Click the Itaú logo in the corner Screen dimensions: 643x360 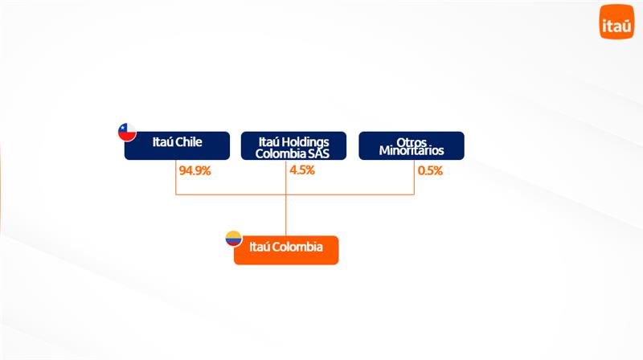point(616,22)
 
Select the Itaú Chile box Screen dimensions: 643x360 point(177,145)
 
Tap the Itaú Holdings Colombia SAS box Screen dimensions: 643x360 point(293,145)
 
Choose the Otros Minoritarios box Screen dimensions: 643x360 point(412,145)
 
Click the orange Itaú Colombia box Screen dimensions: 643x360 point(286,250)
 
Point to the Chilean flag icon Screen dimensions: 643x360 point(127,132)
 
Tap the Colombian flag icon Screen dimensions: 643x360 point(234,239)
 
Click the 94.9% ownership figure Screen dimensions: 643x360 point(195,170)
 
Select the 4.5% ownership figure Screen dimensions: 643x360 point(302,170)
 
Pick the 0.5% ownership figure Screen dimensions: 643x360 point(430,170)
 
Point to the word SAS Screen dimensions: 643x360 point(320,153)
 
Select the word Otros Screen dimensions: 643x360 point(412,142)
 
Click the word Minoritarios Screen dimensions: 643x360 point(412,150)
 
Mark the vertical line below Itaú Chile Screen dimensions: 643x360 point(176,177)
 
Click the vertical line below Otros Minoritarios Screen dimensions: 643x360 point(414,177)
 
